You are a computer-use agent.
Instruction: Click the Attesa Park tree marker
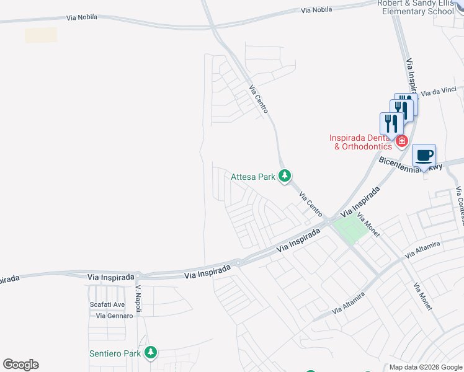coord(285,177)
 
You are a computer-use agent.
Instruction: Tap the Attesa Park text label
coord(253,177)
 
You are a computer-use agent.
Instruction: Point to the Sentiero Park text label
coord(115,354)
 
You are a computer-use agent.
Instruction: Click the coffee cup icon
coord(424,156)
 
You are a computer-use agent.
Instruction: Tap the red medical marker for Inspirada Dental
coord(401,141)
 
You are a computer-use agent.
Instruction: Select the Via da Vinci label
coord(439,92)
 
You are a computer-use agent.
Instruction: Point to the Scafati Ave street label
coord(107,304)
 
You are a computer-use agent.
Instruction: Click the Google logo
coord(21,365)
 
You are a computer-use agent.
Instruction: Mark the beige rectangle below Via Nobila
coord(41,35)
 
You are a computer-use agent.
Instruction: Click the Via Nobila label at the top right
coord(316,10)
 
